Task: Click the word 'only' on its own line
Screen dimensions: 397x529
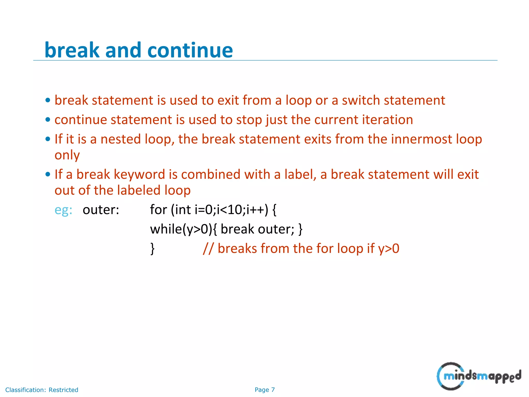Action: (x=67, y=155)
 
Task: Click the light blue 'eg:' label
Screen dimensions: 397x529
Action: (x=63, y=210)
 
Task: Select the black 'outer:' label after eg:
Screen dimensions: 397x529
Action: (x=101, y=210)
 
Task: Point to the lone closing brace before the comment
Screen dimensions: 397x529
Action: (x=153, y=249)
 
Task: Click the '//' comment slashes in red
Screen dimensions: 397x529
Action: (x=208, y=249)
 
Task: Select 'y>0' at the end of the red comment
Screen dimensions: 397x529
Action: (x=388, y=249)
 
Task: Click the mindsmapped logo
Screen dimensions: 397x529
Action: (x=478, y=376)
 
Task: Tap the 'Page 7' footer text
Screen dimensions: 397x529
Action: (x=264, y=390)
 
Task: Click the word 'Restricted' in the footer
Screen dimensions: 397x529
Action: (x=63, y=390)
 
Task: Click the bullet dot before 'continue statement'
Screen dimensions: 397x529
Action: (x=48, y=120)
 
